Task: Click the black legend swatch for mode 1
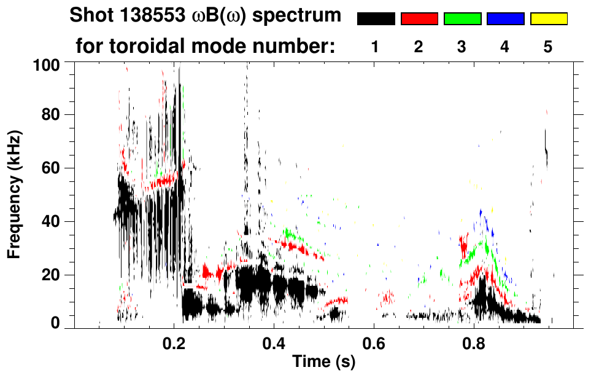pos(376,19)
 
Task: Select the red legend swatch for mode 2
pos(419,19)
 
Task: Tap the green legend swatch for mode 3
pos(462,19)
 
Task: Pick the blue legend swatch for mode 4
pos(505,19)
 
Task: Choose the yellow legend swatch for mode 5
pos(549,19)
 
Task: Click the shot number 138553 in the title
pos(137,15)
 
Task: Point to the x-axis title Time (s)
pos(323,361)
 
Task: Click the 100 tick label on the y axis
pos(53,63)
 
